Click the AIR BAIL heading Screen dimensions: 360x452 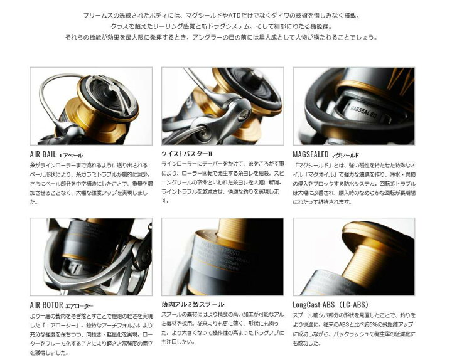(56, 154)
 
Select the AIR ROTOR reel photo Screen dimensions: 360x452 (90, 257)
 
